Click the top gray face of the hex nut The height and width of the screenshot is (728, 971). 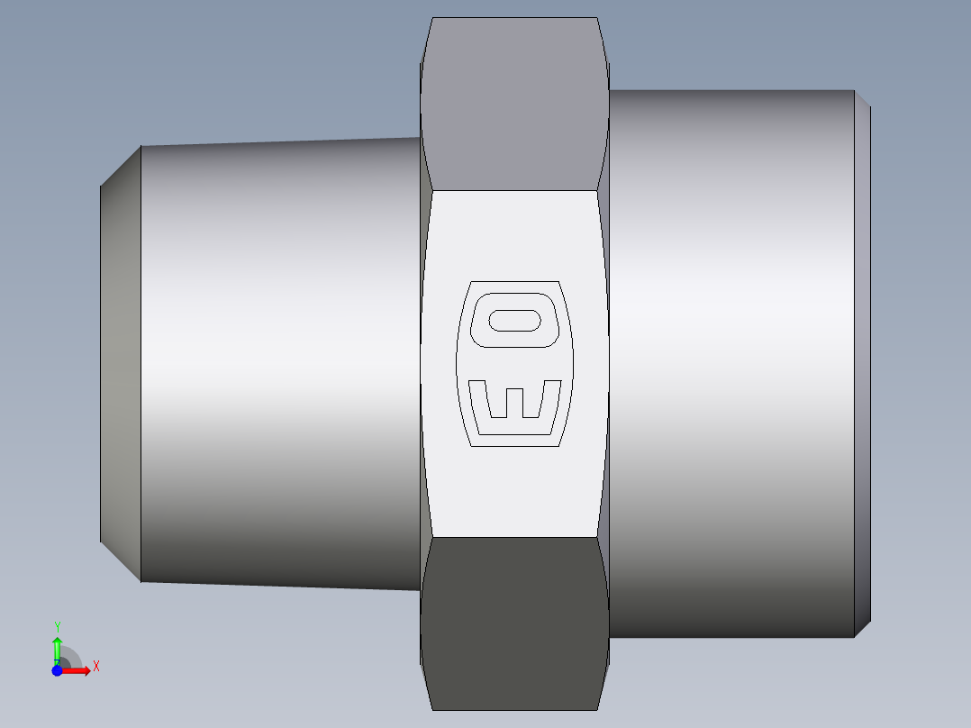click(513, 104)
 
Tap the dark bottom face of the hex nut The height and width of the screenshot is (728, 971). click(513, 622)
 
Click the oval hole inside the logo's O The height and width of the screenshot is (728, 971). click(514, 320)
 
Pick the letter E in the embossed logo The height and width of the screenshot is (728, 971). click(514, 405)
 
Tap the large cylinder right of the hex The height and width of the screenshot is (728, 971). click(730, 360)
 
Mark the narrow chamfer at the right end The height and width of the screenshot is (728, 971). click(862, 360)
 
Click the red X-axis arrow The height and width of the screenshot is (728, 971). click(77, 671)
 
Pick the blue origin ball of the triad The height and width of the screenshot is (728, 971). click(57, 671)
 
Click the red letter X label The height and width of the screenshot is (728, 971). click(95, 667)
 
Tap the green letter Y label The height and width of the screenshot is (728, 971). click(57, 626)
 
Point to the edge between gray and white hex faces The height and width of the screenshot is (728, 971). click(513, 190)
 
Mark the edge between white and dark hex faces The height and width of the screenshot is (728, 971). click(513, 538)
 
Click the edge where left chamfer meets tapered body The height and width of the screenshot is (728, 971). click(141, 360)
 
